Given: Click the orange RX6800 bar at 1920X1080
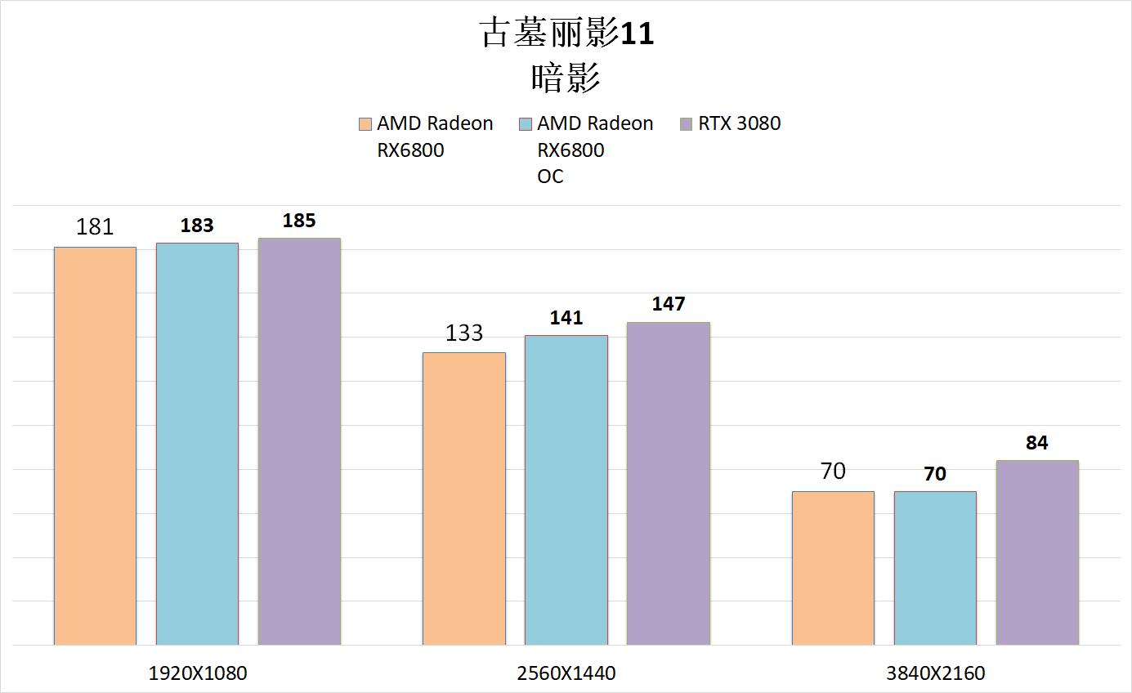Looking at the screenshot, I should pos(95,445).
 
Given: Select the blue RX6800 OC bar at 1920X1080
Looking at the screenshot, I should pos(197,444).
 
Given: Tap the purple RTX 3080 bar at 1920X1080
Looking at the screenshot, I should pos(299,441).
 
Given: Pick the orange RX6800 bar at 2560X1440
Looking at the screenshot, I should pos(464,499).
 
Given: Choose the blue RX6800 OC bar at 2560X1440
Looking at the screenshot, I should pos(566,490).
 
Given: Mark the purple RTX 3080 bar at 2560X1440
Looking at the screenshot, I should pos(669,484).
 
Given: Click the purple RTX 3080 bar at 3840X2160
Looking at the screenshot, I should pos(1037,552).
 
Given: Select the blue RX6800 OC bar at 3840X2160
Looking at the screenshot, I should pos(935,568).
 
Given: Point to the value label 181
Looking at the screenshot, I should pos(95,226).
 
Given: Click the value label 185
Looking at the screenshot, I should pos(299,221).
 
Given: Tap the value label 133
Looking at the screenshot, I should pos(464,333).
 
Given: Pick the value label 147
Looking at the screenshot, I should pos(669,304).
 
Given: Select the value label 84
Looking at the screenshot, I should pos(1037,443).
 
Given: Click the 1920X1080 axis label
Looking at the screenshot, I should pos(198,673).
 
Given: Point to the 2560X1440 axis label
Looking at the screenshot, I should pos(566,673).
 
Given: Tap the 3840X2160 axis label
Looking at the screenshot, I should pos(936,673).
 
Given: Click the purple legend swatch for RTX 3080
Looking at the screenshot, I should pos(687,124).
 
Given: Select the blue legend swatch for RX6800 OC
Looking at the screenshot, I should pos(526,124).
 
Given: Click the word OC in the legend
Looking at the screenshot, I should pos(550,177).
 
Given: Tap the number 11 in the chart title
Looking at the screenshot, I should pos(638,34).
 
